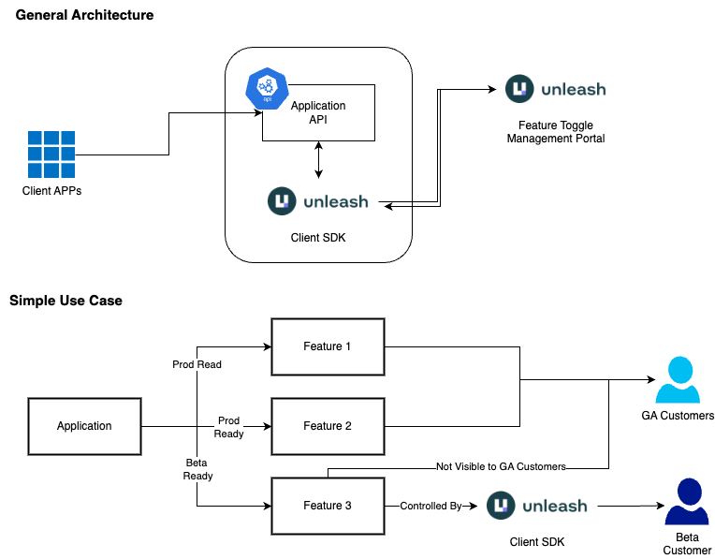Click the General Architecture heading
pyautogui.click(x=85, y=15)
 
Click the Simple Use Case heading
pyautogui.click(x=66, y=301)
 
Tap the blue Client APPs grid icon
pyautogui.click(x=51, y=154)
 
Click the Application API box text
pyautogui.click(x=318, y=112)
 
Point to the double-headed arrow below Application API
pyautogui.click(x=319, y=160)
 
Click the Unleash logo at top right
pyautogui.click(x=556, y=90)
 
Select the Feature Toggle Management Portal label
pyautogui.click(x=556, y=132)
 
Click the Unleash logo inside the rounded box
pyautogui.click(x=318, y=201)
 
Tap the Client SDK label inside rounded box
pyautogui.click(x=318, y=238)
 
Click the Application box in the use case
pyautogui.click(x=84, y=426)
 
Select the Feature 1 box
pyautogui.click(x=328, y=346)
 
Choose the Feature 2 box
pyautogui.click(x=328, y=426)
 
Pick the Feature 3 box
pyautogui.click(x=328, y=506)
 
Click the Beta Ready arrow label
pyautogui.click(x=197, y=469)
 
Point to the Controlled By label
pyautogui.click(x=431, y=507)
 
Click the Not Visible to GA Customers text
pyautogui.click(x=501, y=466)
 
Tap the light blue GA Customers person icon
pyautogui.click(x=678, y=380)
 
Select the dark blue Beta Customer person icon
pyautogui.click(x=687, y=503)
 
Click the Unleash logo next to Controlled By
pyautogui.click(x=537, y=506)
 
